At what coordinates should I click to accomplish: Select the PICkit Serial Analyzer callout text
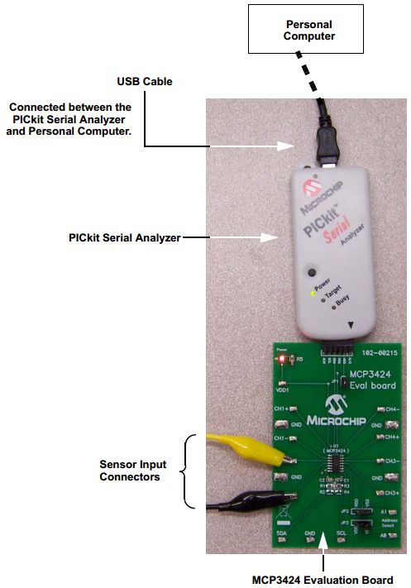click(124, 237)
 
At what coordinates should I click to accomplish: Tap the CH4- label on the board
click(393, 409)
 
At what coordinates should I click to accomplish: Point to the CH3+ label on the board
click(391, 492)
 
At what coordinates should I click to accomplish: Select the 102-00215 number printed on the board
click(380, 351)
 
